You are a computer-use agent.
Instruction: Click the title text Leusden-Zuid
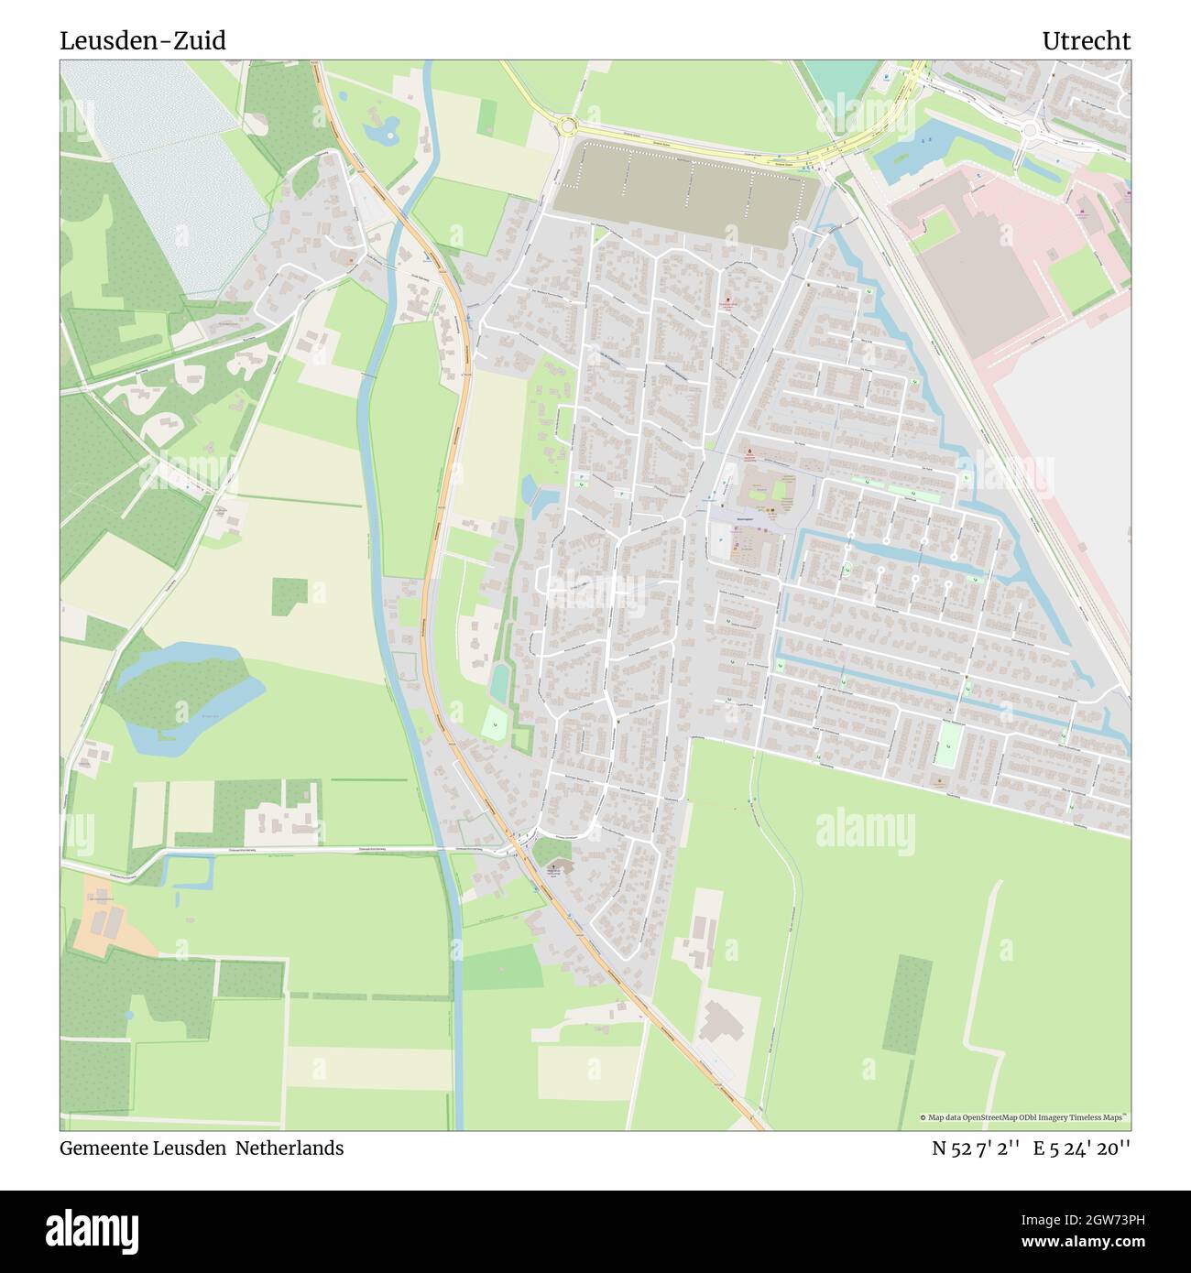(143, 41)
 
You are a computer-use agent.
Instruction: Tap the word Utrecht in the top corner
(1086, 41)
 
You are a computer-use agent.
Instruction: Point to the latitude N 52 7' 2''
(976, 1148)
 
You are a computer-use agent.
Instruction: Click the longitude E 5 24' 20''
(1082, 1148)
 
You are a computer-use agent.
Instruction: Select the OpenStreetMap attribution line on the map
(1024, 1117)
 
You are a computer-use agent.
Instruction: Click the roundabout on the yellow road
(568, 125)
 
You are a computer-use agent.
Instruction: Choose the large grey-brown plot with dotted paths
(683, 192)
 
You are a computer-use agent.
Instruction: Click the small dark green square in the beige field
(290, 595)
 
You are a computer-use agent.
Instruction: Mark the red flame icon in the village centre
(749, 452)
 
